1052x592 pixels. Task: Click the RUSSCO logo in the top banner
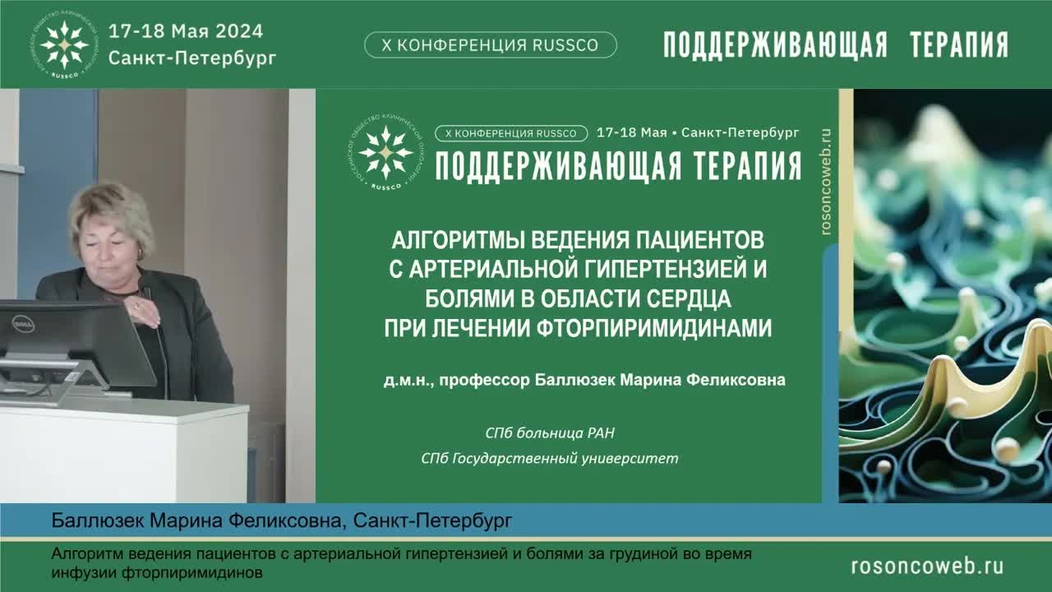(64, 44)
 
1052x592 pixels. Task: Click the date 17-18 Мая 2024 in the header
(186, 31)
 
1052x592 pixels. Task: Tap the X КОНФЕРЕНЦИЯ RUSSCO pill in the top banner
(491, 44)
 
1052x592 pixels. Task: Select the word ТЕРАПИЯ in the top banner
(959, 45)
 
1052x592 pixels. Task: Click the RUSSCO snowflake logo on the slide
(386, 152)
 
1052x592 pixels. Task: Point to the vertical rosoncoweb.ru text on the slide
(827, 182)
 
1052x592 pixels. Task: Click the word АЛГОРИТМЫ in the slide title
(458, 240)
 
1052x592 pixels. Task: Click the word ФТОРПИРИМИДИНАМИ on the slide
(654, 328)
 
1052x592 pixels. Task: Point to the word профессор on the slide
(484, 380)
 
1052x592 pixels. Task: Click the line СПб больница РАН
(550, 432)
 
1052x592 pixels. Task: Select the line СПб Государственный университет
(550, 458)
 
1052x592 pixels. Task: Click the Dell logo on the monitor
(23, 324)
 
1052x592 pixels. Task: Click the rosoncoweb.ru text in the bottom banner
(928, 567)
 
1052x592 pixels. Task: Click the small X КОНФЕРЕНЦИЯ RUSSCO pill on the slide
(511, 133)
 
